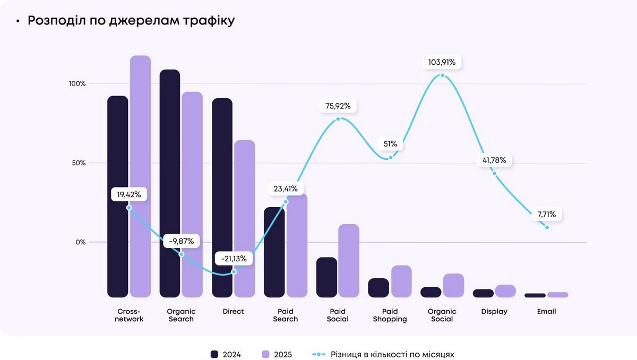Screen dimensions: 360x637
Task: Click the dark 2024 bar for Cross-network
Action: tap(118, 196)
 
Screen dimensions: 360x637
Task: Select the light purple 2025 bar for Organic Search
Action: tap(192, 194)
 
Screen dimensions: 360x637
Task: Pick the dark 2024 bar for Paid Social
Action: tap(326, 277)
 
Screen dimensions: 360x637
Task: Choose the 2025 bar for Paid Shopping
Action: tap(401, 281)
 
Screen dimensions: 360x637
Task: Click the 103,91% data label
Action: tap(442, 62)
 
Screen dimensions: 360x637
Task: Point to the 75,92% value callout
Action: tap(338, 106)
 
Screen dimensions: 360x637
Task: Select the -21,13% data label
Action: tap(234, 259)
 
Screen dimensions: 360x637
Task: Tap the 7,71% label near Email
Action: tap(546, 215)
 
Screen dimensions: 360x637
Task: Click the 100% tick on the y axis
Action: tap(76, 84)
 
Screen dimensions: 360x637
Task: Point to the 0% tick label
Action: tap(80, 242)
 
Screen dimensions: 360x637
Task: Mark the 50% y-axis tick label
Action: tap(78, 163)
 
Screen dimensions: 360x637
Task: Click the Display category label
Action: tap(494, 312)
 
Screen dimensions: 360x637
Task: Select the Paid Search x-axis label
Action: tap(286, 315)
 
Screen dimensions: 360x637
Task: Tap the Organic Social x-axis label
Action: tap(442, 315)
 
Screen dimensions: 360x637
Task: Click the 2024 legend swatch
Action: tap(215, 354)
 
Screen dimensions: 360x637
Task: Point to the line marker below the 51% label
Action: tap(391, 157)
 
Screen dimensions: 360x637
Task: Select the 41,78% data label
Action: tap(494, 160)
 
